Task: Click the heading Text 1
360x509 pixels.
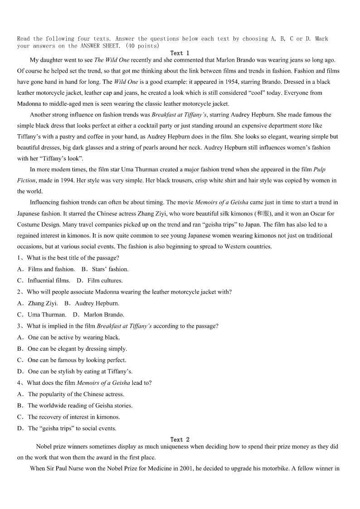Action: tap(180, 53)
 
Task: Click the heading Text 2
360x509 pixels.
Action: tap(180, 439)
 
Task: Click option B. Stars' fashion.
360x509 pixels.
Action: tap(105, 269)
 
